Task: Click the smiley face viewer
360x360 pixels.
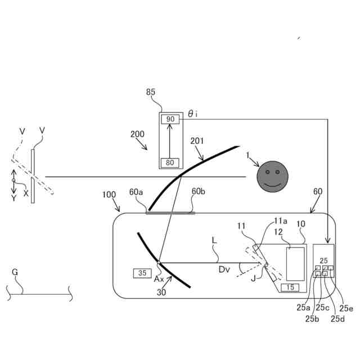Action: point(272,176)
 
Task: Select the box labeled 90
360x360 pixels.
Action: point(171,119)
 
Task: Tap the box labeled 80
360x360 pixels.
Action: point(171,163)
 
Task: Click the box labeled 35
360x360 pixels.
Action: point(142,273)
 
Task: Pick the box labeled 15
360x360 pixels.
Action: point(290,287)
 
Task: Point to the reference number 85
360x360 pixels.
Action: point(151,93)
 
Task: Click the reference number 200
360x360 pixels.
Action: point(137,134)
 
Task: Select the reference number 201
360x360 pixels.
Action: point(197,141)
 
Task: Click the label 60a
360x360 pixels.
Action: point(137,192)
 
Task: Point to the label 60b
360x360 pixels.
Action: point(199,192)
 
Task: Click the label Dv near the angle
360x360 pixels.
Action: point(224,270)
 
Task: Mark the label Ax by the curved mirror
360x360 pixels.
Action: point(159,278)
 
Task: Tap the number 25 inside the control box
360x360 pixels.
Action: point(323,260)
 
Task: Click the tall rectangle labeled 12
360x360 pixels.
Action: point(295,263)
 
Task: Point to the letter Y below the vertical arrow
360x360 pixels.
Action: point(13,198)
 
